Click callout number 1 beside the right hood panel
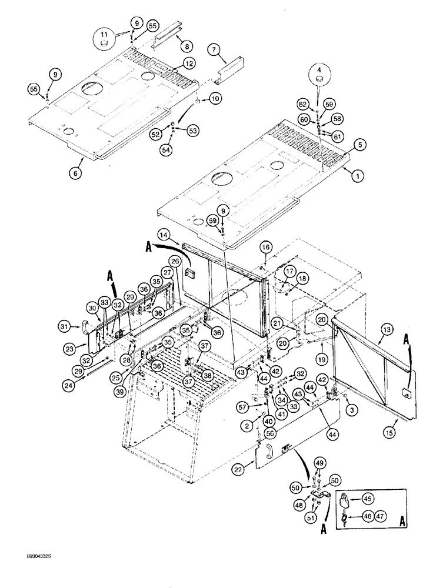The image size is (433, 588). coord(354,173)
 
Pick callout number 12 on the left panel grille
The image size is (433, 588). coord(188,63)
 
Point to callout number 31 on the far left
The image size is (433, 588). coord(65,326)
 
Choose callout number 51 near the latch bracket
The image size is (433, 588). coord(312,518)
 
